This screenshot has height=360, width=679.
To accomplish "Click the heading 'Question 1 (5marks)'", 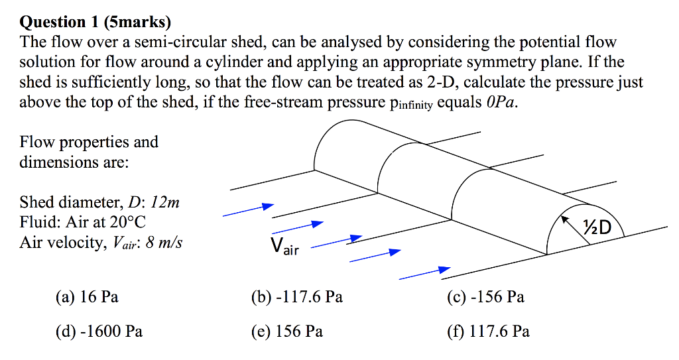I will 95,23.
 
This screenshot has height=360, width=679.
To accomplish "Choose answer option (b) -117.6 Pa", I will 296,297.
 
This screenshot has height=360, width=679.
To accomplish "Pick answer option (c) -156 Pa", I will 486,297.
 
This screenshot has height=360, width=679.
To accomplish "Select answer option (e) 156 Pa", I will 287,330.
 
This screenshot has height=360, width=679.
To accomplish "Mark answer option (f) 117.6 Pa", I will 489,330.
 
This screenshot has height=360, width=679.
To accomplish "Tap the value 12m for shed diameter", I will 166,202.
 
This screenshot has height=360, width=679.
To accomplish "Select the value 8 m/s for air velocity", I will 162,243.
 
